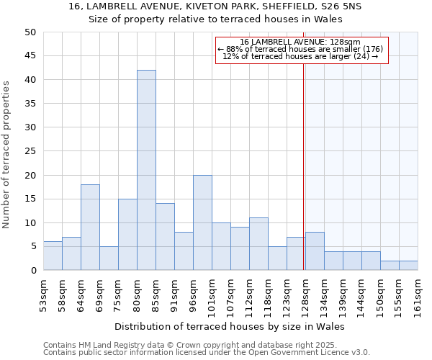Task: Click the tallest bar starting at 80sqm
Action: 146,170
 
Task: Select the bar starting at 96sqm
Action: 202,222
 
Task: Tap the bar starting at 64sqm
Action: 90,228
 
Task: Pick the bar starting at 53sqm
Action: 53,256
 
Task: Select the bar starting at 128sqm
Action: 315,251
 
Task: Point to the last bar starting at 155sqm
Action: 408,266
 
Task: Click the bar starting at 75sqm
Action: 127,235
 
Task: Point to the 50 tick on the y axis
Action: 30,32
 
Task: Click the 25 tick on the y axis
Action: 30,151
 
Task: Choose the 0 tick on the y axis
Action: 32,271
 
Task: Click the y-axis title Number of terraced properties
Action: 7,155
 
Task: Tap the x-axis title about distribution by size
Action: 230,326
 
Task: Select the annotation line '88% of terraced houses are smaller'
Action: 302,49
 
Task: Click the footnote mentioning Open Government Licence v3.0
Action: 207,353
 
